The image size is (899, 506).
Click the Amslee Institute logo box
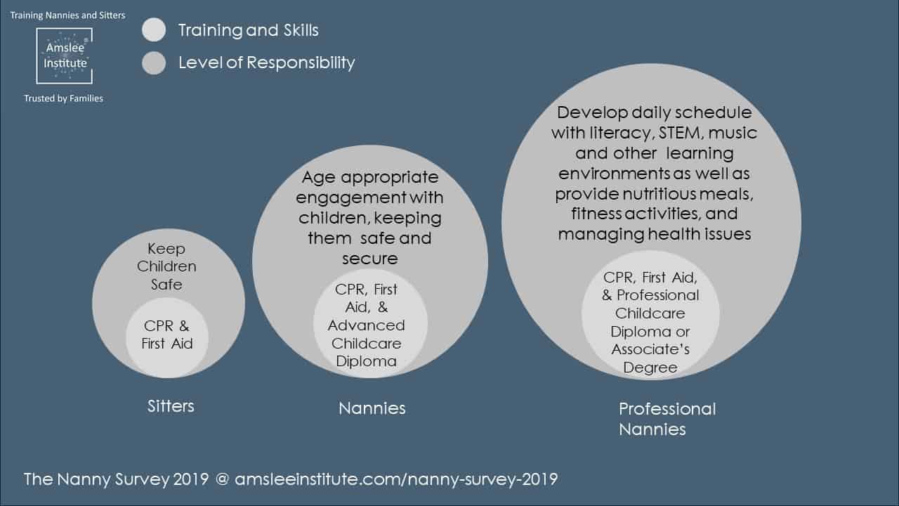[64, 56]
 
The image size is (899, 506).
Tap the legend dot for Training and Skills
[154, 30]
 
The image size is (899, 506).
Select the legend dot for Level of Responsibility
[154, 63]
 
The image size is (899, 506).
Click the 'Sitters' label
[171, 406]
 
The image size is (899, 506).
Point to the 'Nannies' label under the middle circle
[372, 408]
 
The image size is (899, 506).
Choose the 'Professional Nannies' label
[667, 420]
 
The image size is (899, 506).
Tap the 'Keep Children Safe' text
[166, 266]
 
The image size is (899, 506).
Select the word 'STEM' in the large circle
[681, 133]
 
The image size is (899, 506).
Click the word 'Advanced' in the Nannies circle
[366, 325]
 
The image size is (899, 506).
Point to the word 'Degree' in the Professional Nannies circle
[650, 368]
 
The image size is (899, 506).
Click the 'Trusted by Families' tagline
[63, 98]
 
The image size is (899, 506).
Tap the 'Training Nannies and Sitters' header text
[67, 15]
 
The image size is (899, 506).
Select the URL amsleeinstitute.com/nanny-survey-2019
[396, 479]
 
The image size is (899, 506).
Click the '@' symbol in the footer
[222, 479]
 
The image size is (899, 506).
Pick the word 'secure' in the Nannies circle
[370, 259]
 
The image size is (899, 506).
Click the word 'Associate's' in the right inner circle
[650, 349]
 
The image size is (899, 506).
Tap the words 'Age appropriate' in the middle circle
[370, 178]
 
